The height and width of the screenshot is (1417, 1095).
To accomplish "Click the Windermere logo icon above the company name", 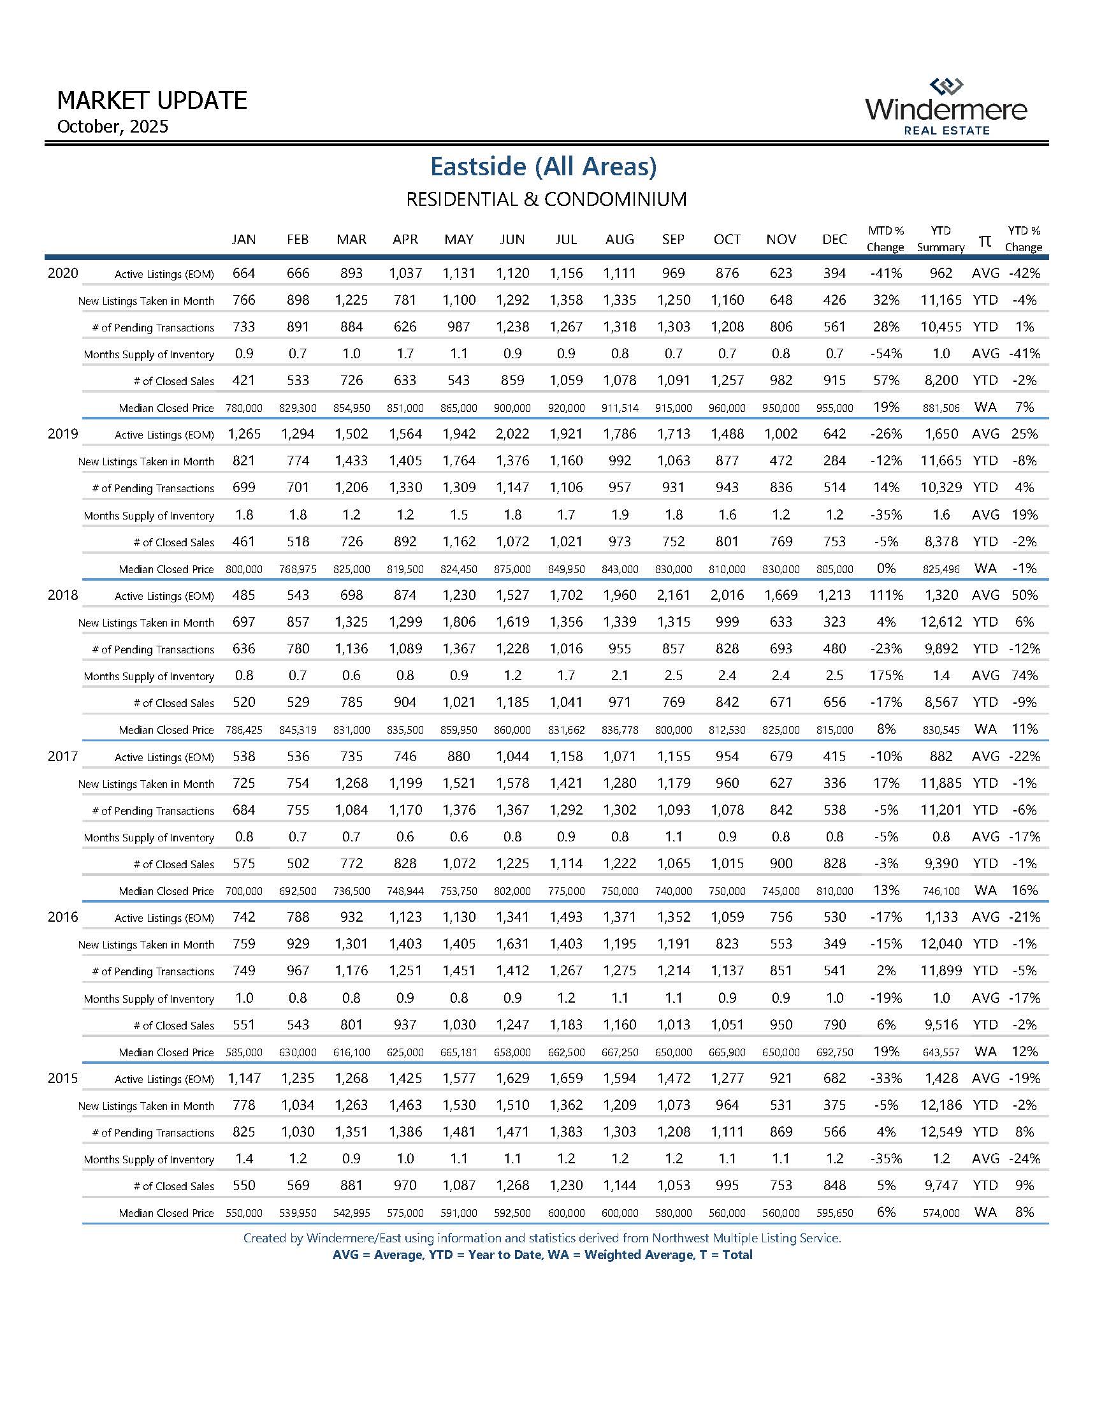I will coord(946,86).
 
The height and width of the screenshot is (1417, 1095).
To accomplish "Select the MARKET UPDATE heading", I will coord(152,101).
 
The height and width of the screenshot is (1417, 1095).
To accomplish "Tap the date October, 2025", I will coord(112,126).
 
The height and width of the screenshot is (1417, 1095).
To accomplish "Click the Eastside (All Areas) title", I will coord(544,167).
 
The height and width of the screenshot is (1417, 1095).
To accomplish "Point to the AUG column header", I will coord(620,240).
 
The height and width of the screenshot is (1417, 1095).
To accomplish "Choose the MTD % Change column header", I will coord(885,239).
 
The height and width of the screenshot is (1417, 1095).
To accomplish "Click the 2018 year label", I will coord(63,595).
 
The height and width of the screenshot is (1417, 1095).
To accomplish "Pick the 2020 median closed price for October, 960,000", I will coord(727,408).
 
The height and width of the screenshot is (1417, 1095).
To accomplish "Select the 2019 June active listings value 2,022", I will coord(512,434).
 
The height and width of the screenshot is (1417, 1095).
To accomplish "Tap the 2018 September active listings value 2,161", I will coord(673,595).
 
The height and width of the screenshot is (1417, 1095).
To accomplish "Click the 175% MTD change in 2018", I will coord(885,676).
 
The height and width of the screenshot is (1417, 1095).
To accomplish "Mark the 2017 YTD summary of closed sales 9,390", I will coord(941,864).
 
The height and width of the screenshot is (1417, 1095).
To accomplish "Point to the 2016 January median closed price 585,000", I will coord(244,1052).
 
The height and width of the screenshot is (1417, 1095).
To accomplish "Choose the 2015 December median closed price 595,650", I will coord(834,1213).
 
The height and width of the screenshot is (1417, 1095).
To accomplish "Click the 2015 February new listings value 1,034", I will coord(298,1105).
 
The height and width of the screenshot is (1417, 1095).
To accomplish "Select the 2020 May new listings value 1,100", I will coord(459,300).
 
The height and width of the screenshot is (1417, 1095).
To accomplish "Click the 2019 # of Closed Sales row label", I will coord(173,542).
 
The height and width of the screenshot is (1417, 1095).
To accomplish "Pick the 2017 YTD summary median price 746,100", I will coord(941,892).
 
